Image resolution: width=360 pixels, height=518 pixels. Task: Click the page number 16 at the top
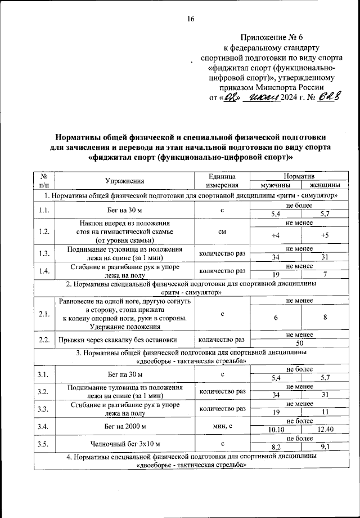click(190, 19)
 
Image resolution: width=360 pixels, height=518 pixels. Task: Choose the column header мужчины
click(275, 185)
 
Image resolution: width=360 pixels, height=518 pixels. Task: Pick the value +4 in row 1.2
click(275, 235)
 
